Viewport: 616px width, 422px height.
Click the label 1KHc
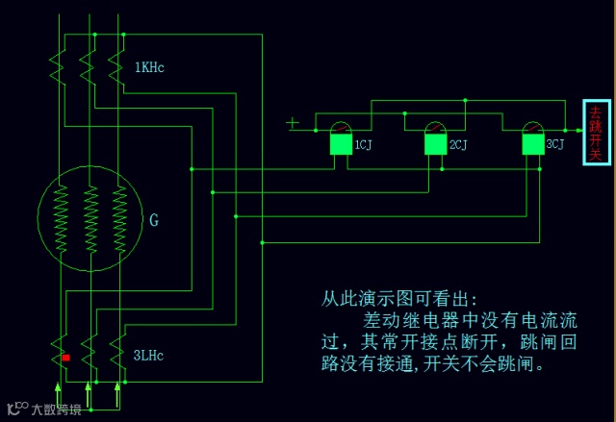149,67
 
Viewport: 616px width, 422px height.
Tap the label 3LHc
149,356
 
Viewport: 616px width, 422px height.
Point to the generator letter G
154,220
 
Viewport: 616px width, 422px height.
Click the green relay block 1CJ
341,144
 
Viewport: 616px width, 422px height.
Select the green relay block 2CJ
436,144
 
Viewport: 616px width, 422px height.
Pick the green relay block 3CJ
532,144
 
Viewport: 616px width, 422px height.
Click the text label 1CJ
363,145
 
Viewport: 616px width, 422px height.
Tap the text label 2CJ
458,145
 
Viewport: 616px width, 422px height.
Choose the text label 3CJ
555,145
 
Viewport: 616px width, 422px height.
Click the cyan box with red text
596,133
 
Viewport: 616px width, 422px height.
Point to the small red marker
65,358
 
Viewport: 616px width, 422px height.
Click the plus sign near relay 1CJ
293,122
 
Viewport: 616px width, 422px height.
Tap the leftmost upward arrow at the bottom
60,392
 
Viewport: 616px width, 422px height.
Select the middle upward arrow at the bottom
89,392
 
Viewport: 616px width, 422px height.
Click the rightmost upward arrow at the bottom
118,392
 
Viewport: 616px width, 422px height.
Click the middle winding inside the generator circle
90,221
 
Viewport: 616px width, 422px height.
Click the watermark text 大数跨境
56,409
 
